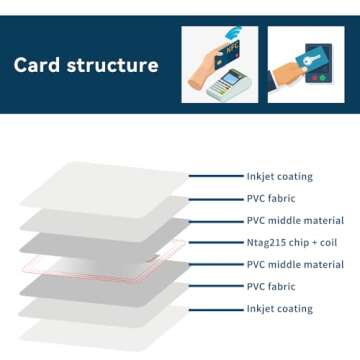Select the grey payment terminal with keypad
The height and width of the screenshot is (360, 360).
click(229, 84)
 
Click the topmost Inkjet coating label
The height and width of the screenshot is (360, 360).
click(279, 176)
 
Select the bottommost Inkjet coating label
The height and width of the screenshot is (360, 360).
click(279, 309)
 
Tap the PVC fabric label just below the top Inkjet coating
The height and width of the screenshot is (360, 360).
click(270, 198)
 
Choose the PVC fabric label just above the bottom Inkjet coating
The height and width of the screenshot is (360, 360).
click(270, 287)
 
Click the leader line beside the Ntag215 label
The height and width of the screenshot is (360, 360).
click(215, 242)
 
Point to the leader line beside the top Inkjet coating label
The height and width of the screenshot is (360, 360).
click(215, 176)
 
